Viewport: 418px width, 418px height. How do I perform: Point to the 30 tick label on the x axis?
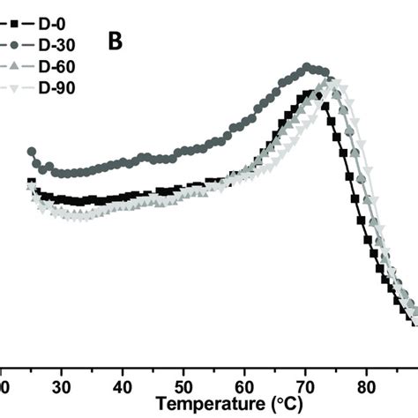(x=62, y=387)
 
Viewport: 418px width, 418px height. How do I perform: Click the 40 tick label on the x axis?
(x=123, y=387)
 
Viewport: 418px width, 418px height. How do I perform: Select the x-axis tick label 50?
(x=183, y=387)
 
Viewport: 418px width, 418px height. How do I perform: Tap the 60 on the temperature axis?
(x=244, y=387)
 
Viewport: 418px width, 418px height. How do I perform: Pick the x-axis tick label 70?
(x=305, y=387)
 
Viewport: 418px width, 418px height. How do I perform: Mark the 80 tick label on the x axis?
(x=366, y=387)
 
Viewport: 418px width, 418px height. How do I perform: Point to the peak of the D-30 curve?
(x=308, y=67)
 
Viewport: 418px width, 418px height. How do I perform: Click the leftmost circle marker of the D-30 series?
(x=32, y=153)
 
